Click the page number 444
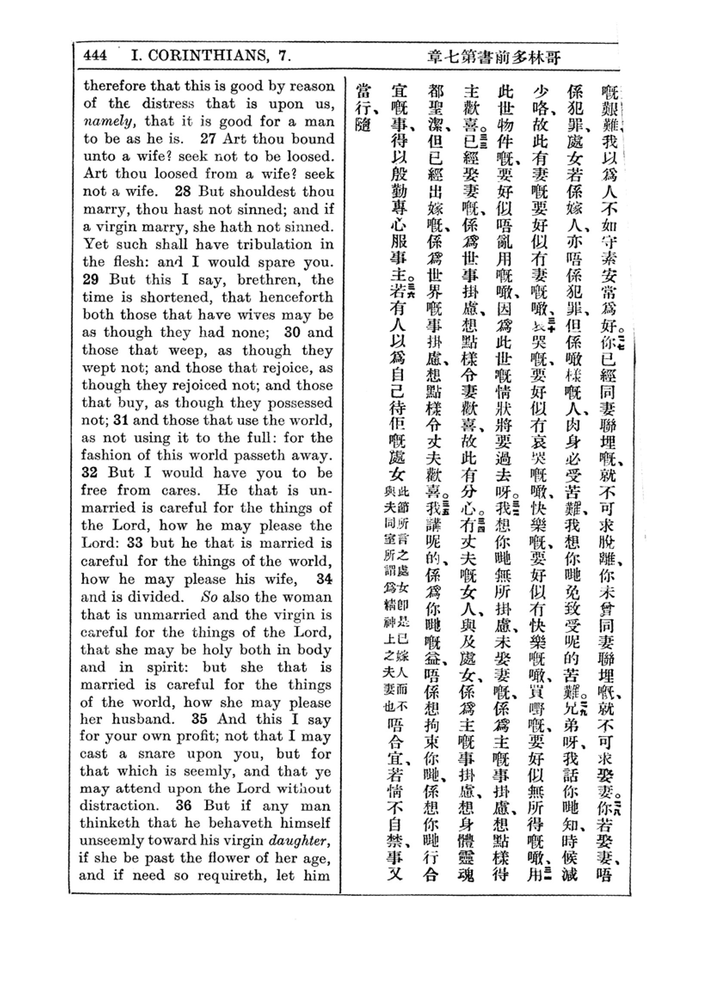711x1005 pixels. coord(95,55)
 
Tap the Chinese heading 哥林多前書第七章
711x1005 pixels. coord(494,57)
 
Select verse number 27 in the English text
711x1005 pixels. coord(209,139)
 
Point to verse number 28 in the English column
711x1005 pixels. coord(182,191)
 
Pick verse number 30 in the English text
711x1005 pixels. coord(292,332)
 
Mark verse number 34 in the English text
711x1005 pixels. coord(324,579)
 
